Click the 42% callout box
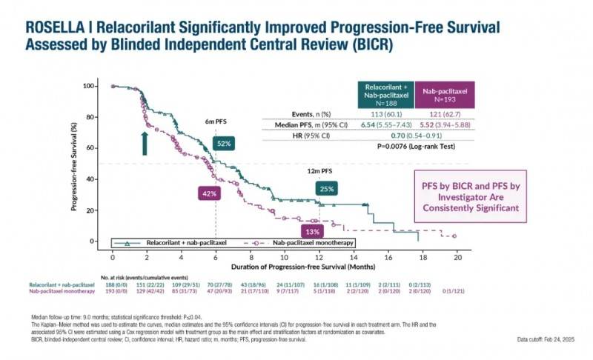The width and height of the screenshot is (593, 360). pos(210,193)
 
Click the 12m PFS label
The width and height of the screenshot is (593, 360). pos(319,171)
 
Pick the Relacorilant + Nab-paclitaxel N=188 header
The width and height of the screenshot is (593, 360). pos(385,95)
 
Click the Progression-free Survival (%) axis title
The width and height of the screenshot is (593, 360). pos(75,163)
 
